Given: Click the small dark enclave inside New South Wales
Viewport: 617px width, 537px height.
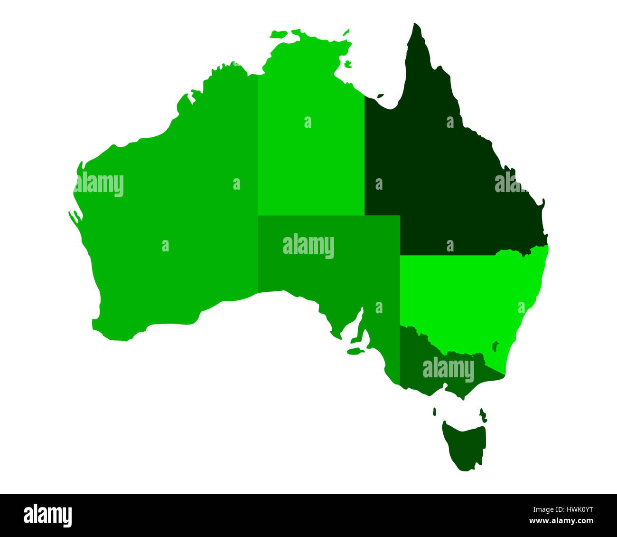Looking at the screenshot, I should click(x=495, y=346).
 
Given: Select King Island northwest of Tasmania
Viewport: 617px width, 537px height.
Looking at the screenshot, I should click(x=434, y=412).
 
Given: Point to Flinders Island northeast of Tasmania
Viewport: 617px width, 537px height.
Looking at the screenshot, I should click(x=483, y=414).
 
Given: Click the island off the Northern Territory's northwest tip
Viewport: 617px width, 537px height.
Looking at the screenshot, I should click(x=279, y=34).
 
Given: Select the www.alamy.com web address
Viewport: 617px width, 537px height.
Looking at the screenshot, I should click(x=561, y=521).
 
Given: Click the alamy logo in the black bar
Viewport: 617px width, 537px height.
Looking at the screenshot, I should click(x=47, y=516).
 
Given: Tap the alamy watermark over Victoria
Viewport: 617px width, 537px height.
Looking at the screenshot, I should click(x=448, y=370).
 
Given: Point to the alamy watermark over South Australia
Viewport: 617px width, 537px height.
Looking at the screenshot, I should click(x=308, y=246).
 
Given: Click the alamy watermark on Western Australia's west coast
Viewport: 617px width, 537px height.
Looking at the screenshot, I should click(x=99, y=184).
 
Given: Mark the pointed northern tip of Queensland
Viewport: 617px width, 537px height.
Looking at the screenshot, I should click(x=417, y=26).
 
